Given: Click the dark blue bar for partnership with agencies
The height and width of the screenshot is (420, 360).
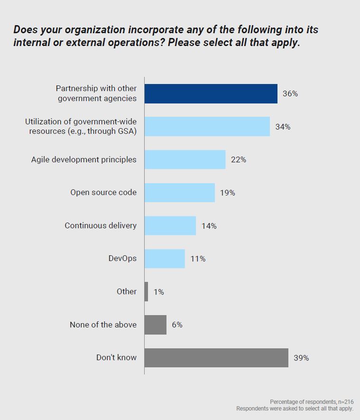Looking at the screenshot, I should (211, 93).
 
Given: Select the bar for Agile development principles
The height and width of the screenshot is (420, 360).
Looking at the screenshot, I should (185, 159).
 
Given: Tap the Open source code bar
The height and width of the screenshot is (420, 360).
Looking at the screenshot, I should (179, 193).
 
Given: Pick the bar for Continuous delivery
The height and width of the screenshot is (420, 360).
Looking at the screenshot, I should (170, 225).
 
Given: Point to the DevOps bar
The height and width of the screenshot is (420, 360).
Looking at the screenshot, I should (165, 259).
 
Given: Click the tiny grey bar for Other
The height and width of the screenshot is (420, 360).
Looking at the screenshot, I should (146, 292).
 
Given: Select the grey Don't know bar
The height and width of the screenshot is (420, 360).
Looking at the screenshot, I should (216, 357).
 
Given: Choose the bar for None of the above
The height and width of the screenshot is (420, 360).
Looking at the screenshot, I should (156, 325).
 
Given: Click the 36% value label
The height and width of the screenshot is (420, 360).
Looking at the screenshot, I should (290, 93).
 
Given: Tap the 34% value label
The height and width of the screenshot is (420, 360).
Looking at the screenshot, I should (283, 127).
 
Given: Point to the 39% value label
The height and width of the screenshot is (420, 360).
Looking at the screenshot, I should (301, 358).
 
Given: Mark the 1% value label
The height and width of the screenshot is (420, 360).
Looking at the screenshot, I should (158, 292).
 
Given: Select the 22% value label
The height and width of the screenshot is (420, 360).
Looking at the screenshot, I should (239, 159).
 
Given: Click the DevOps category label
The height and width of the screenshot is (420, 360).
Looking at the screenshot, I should (122, 259).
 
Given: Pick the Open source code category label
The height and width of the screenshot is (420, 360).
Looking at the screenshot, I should (103, 193).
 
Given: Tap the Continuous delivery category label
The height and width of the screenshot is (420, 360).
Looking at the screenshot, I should (101, 225).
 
